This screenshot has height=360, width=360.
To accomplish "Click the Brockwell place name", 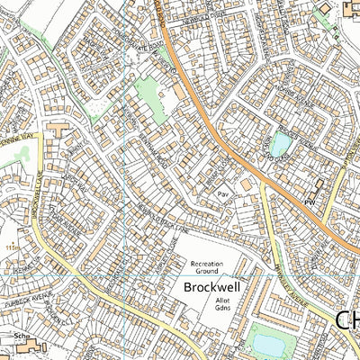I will tap(210, 287).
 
